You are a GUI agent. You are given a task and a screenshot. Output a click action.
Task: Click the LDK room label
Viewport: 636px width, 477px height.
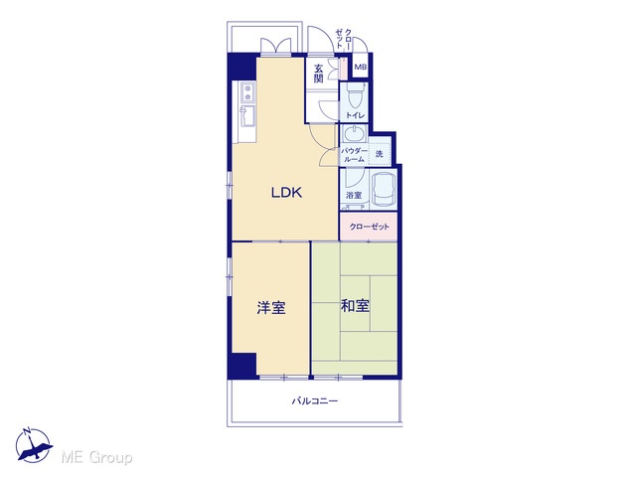tap(286, 192)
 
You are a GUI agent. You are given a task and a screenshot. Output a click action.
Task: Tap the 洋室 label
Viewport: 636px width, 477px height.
tap(271, 307)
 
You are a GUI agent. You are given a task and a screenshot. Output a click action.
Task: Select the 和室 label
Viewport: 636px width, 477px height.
tap(355, 305)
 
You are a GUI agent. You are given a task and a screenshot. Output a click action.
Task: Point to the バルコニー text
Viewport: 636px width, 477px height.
tap(315, 401)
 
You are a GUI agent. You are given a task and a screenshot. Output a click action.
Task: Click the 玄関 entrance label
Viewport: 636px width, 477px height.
tap(318, 73)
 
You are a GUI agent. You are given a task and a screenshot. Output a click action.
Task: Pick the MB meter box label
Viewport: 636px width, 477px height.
tap(360, 67)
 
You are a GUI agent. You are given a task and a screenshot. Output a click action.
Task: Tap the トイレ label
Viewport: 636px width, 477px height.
tap(355, 115)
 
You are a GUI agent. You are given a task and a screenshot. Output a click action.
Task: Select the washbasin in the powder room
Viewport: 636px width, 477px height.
tap(355, 133)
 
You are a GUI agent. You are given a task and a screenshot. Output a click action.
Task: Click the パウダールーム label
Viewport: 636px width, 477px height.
tap(354, 155)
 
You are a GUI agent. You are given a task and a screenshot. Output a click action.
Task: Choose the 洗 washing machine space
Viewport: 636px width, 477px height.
tap(380, 153)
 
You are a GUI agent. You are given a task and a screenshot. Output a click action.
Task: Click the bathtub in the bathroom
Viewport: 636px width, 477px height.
tap(384, 190)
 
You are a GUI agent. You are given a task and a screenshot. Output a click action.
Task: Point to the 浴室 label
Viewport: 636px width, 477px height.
tap(354, 195)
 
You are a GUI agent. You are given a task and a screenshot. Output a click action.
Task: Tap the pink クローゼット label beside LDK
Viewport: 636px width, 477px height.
tap(369, 227)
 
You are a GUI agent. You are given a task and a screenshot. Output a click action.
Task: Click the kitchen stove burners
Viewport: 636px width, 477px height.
tap(247, 92)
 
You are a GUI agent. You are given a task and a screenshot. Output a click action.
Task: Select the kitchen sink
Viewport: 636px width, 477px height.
tap(247, 115)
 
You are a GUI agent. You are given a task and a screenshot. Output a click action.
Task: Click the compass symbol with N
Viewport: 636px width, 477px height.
tap(34, 444)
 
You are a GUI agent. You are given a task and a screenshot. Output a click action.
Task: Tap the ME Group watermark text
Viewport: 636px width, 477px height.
tap(96, 457)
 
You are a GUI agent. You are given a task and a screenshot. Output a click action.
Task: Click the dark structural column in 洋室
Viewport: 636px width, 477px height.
tap(242, 365)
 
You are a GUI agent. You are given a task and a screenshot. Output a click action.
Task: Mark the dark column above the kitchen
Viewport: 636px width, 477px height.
tap(242, 68)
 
